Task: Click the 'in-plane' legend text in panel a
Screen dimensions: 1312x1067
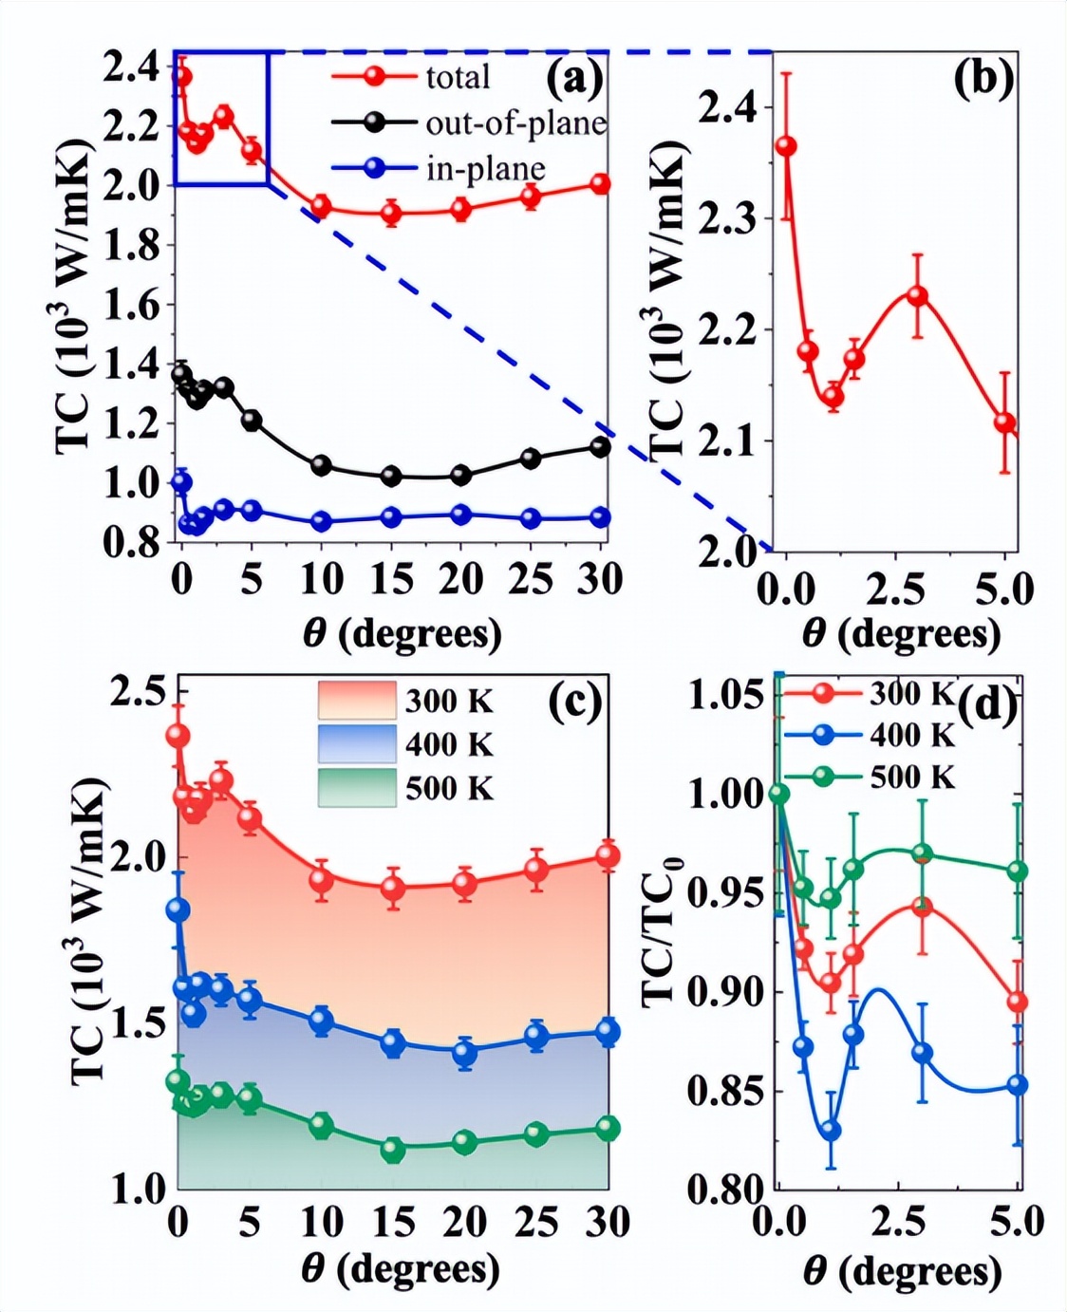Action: (x=485, y=168)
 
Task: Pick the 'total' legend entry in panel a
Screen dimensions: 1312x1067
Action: (x=458, y=77)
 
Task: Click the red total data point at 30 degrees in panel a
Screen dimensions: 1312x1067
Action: (x=600, y=184)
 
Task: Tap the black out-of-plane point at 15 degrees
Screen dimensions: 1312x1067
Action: (x=391, y=476)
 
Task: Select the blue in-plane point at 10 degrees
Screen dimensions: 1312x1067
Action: (x=321, y=521)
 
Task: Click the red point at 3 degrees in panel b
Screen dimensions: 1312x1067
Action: (x=917, y=295)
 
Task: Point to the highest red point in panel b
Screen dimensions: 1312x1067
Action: (x=786, y=146)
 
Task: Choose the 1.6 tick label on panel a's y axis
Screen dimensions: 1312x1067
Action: (x=134, y=306)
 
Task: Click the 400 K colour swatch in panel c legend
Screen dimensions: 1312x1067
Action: (x=356, y=743)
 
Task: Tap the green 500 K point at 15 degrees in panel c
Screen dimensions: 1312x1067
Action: (x=392, y=1150)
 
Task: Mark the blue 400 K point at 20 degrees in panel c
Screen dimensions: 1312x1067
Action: (x=464, y=1052)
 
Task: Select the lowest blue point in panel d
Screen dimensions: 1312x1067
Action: (x=831, y=1130)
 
